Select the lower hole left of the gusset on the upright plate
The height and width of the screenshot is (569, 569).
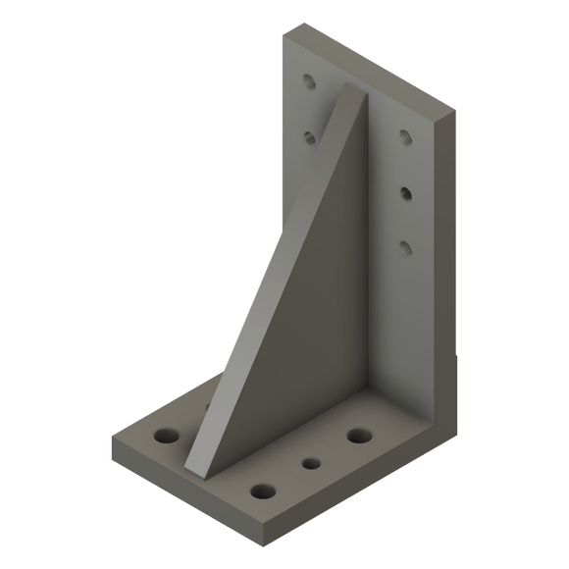coord(309,137)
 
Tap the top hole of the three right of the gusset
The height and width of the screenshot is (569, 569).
coord(403,136)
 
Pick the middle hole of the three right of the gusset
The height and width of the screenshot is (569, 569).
coord(405,191)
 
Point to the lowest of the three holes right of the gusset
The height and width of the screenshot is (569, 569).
coord(403,246)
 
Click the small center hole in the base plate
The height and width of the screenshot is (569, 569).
coord(312,464)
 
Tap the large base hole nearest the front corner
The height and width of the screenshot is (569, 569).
coord(262,491)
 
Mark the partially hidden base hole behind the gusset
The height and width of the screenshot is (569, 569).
coord(209,404)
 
